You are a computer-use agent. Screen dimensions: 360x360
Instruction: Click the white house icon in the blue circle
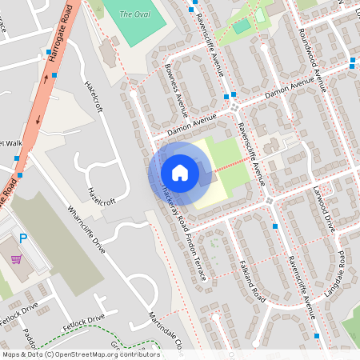180,172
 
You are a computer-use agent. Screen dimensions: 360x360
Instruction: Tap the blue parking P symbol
23,238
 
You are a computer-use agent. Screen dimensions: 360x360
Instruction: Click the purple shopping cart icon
16,259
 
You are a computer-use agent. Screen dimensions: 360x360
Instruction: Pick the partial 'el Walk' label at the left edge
12,144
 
